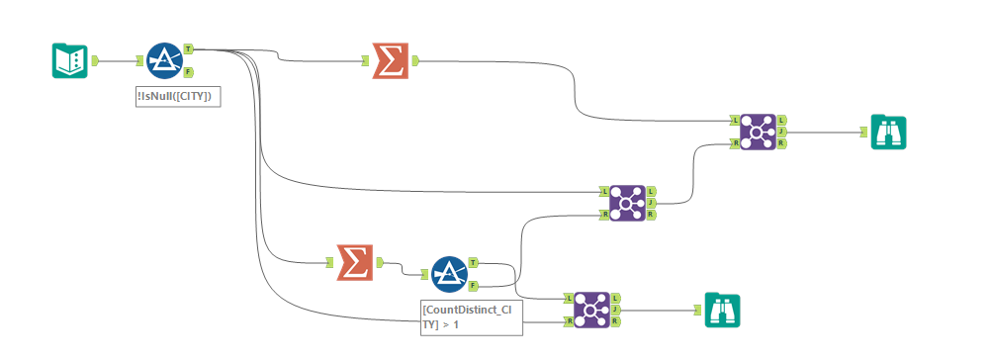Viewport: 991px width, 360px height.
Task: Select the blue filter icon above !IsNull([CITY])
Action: coord(164,60)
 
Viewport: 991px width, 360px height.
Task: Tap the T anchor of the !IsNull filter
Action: coord(188,48)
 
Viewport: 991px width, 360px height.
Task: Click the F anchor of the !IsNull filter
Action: coord(188,72)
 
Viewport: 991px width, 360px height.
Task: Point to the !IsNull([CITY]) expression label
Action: coord(178,95)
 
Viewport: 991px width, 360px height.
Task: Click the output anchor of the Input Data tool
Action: coord(95,60)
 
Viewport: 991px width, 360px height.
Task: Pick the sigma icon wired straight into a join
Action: coord(390,60)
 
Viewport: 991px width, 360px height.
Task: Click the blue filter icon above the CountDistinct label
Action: coord(449,274)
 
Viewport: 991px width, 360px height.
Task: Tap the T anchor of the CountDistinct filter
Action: coord(473,262)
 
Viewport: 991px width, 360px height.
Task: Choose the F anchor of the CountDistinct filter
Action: coord(473,286)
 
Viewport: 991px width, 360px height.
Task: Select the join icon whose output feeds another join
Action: coord(627,202)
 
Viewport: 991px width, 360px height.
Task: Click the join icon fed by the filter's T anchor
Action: coord(591,310)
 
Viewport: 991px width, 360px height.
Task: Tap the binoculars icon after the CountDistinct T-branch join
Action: coord(722,310)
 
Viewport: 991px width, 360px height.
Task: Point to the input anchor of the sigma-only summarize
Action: coord(365,60)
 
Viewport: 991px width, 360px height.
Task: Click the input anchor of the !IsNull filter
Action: coord(139,60)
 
